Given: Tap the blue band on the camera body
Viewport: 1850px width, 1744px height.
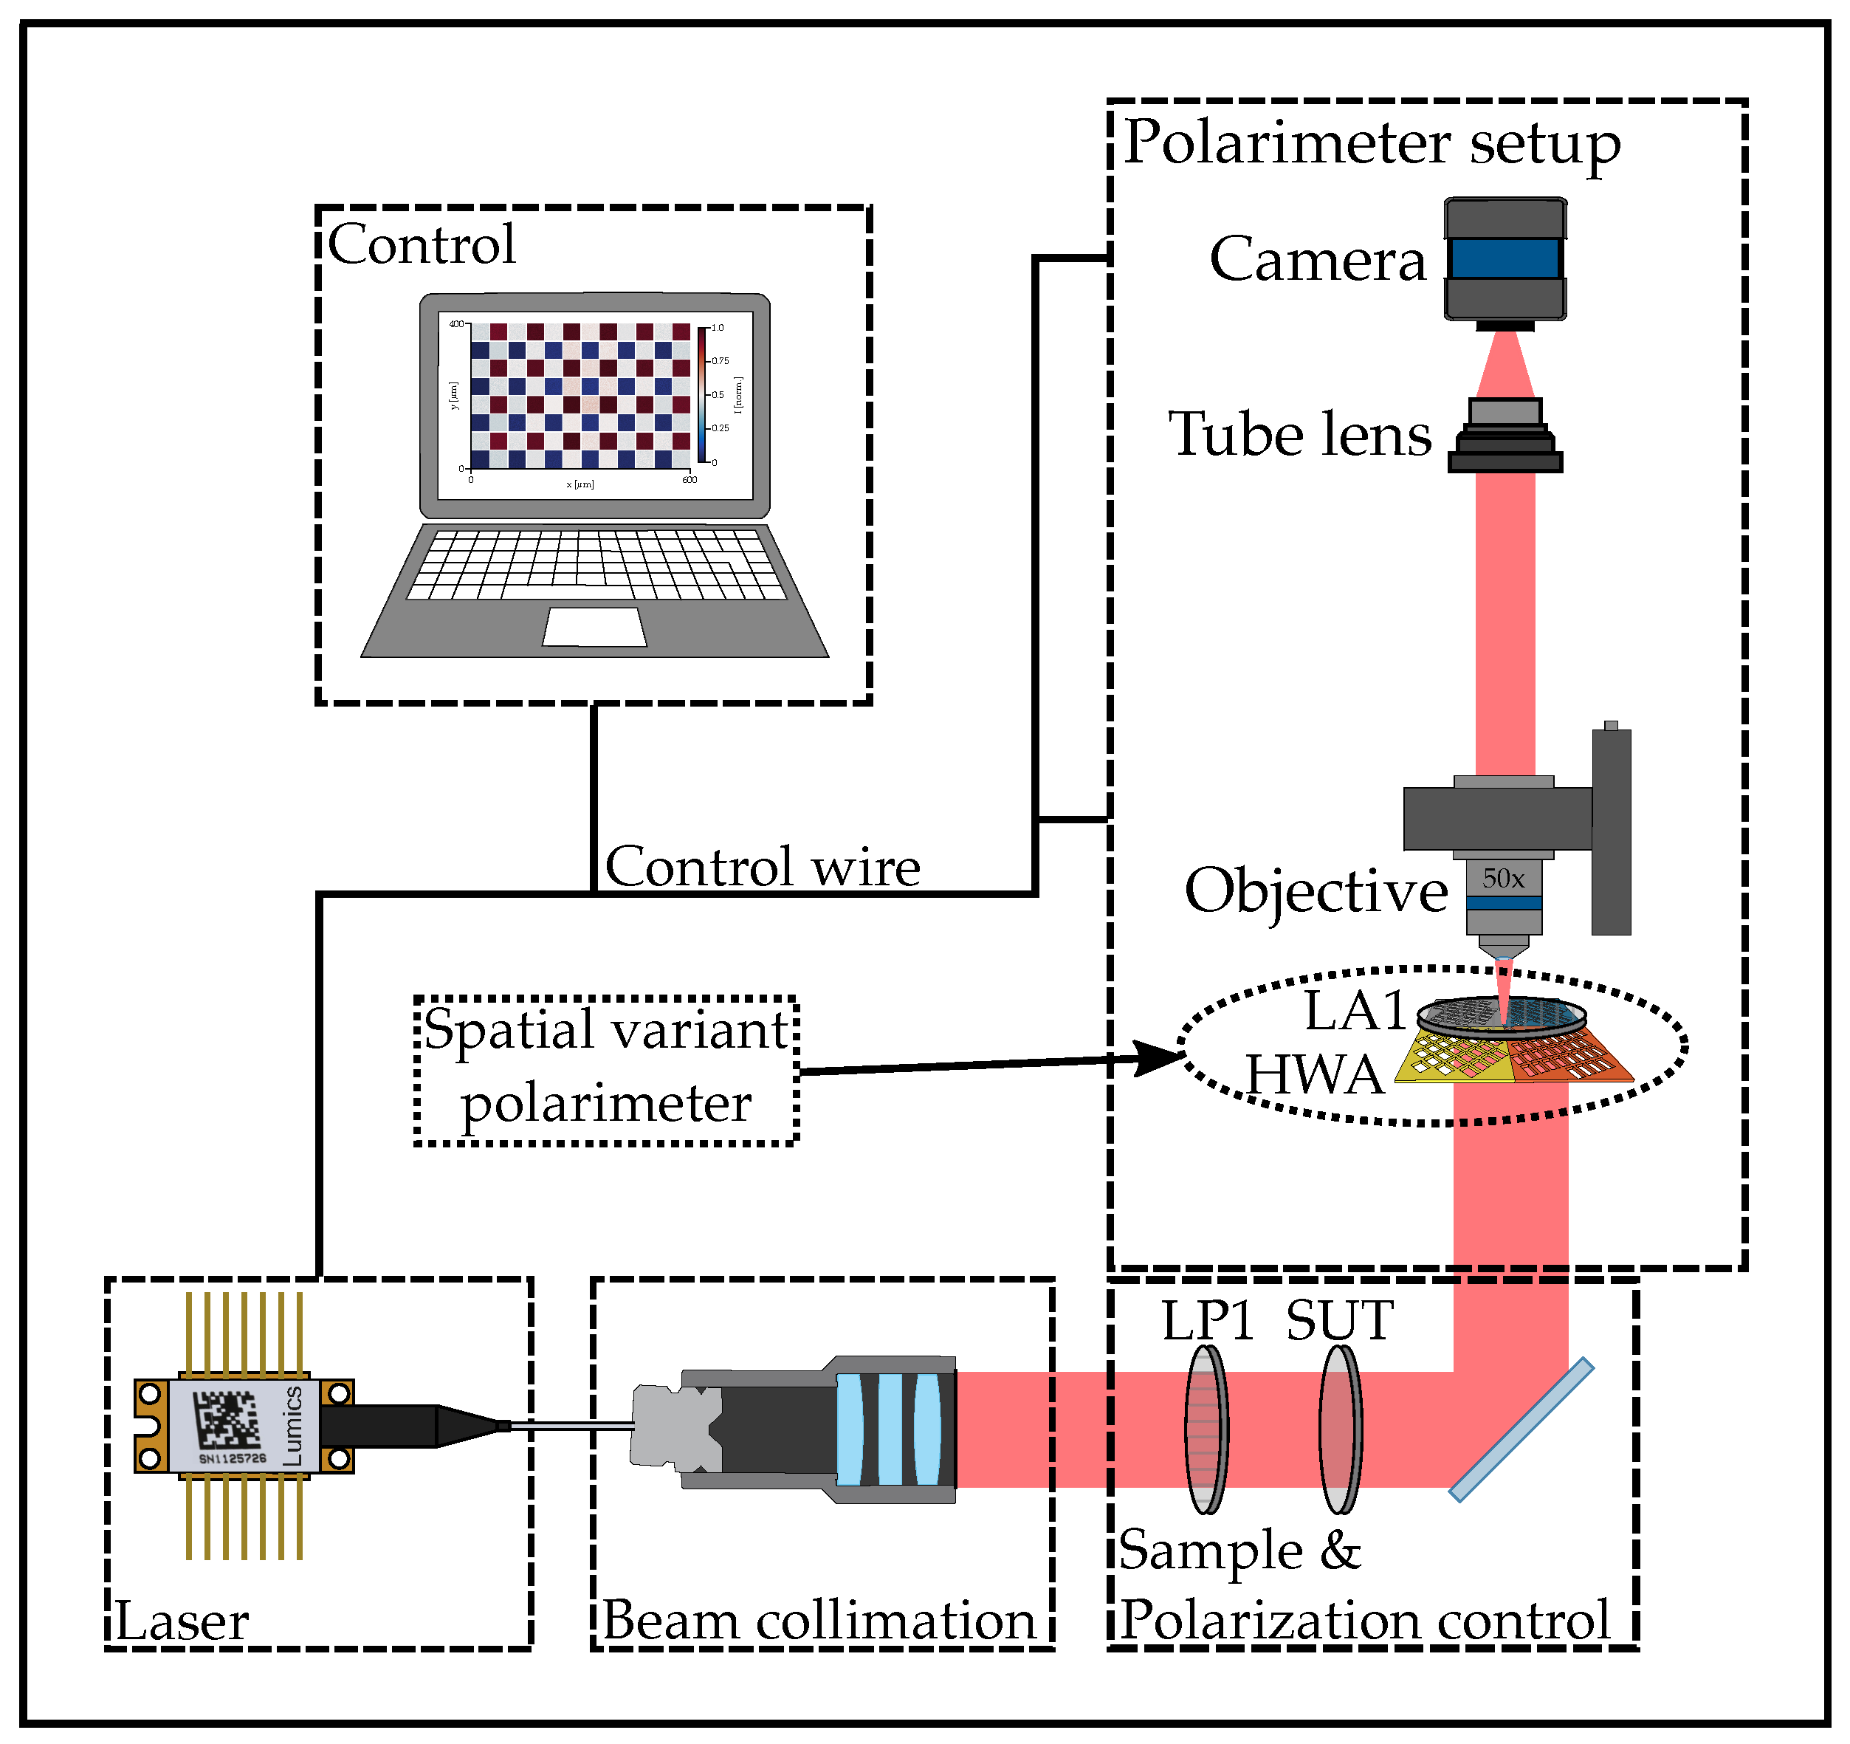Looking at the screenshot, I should click(1505, 258).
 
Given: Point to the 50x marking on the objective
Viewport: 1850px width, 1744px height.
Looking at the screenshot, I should click(1503, 879).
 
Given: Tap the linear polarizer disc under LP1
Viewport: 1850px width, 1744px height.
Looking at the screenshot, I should click(1206, 1429).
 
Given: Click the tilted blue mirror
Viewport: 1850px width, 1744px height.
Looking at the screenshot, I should click(1522, 1429).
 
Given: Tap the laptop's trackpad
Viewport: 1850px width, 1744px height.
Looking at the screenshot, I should click(595, 626).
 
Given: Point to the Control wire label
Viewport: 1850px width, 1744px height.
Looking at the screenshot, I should click(762, 868).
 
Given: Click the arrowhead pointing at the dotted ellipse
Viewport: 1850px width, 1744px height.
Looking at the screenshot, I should click(1158, 1058).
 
